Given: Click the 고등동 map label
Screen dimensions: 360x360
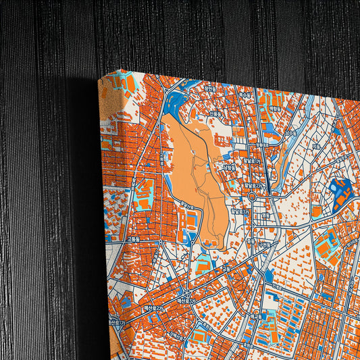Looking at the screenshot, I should [132, 238].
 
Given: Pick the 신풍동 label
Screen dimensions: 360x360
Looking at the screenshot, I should [215, 113].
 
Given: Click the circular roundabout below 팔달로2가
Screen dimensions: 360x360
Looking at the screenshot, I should [251, 197].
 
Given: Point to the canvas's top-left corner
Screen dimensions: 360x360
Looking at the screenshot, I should [99, 76].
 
